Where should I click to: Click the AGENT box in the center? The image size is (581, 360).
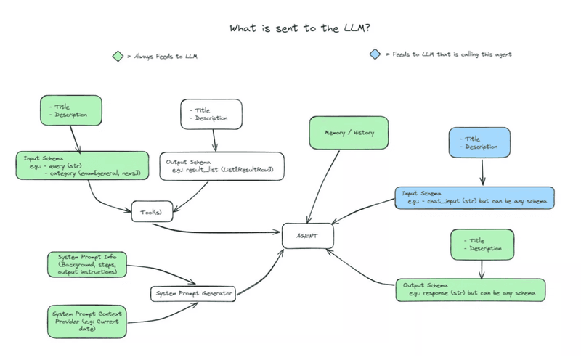point(305,237)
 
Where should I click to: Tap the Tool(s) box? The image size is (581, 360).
point(150,213)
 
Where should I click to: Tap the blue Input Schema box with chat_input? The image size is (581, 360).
point(476,197)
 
